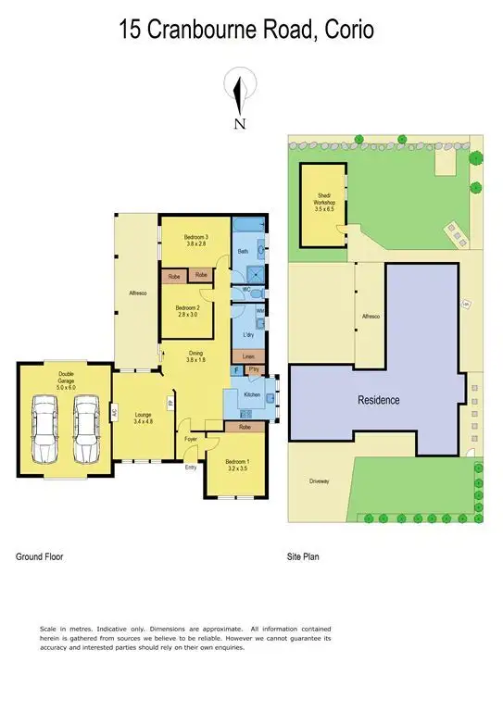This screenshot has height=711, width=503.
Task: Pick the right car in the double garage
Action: click(x=87, y=428)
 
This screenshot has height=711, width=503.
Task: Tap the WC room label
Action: click(x=245, y=291)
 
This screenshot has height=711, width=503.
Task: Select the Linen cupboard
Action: click(x=248, y=355)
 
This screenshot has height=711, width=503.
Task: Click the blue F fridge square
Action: click(x=236, y=371)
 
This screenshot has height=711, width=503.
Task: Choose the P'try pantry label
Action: click(x=254, y=371)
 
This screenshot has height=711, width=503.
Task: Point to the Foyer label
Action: click(x=191, y=439)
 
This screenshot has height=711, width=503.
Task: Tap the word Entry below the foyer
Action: click(x=191, y=467)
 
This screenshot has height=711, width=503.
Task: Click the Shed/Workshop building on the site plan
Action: click(x=323, y=206)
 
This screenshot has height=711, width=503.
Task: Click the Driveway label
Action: click(x=321, y=481)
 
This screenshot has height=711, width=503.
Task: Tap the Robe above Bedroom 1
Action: click(x=245, y=427)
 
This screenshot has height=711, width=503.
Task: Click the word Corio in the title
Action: click(x=347, y=30)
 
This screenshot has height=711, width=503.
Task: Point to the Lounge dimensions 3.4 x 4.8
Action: click(x=143, y=421)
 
